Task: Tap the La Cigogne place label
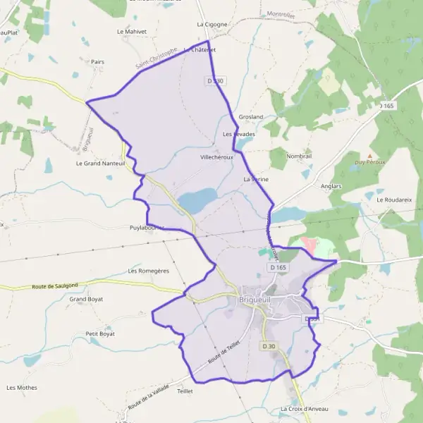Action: pyautogui.click(x=212, y=24)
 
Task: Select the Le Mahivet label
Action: pyautogui.click(x=130, y=32)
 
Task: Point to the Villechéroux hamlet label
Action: pyautogui.click(x=216, y=158)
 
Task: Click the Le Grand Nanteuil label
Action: pyautogui.click(x=100, y=163)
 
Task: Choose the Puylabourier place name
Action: pyautogui.click(x=147, y=228)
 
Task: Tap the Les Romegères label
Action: pyautogui.click(x=149, y=271)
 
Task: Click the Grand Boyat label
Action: pyautogui.click(x=86, y=299)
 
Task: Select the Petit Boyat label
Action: pyautogui.click(x=99, y=333)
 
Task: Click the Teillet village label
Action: pyautogui.click(x=185, y=391)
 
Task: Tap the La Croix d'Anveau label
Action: pyautogui.click(x=304, y=410)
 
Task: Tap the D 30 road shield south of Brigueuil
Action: pyautogui.click(x=269, y=346)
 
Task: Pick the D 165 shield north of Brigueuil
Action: pyautogui.click(x=278, y=268)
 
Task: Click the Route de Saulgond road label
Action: pyautogui.click(x=58, y=286)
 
